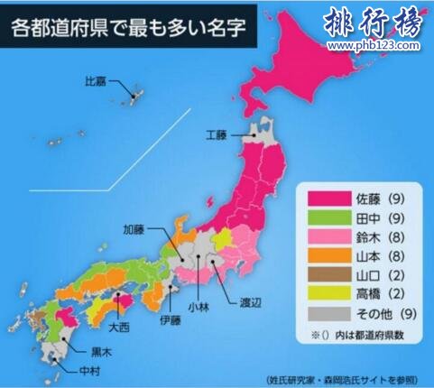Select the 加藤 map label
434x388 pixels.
click(135, 229)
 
